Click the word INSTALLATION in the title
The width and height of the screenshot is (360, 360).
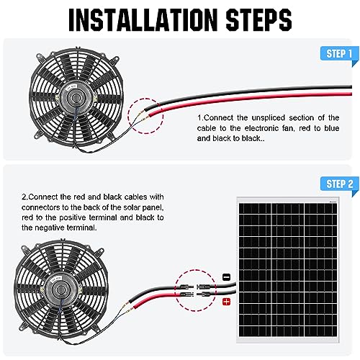coord(143,19)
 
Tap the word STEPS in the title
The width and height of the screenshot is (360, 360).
coord(258,19)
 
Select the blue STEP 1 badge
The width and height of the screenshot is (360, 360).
coord(339,54)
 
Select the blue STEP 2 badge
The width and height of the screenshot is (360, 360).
coord(339,184)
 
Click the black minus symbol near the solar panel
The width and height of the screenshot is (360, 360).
coord(227,277)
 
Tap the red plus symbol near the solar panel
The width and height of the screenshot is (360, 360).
coord(226,302)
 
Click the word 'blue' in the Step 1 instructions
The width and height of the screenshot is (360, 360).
coord(331,128)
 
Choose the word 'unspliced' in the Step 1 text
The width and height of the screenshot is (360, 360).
coord(268,118)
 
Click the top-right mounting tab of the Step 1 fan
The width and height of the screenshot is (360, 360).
coord(115,59)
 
